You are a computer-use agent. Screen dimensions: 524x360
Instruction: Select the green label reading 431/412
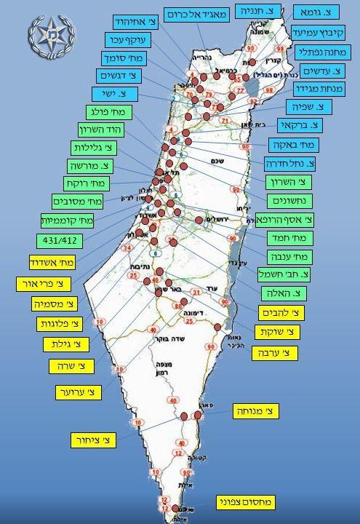pos(56,240)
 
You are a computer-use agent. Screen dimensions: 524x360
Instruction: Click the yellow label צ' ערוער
pos(79,393)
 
